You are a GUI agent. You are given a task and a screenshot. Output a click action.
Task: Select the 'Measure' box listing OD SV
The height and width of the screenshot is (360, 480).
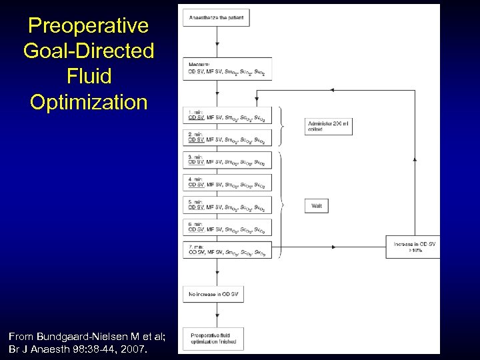(227, 70)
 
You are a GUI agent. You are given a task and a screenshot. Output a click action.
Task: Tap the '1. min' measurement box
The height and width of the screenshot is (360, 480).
(227, 115)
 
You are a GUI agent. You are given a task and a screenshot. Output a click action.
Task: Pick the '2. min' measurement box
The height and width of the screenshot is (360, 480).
(227, 137)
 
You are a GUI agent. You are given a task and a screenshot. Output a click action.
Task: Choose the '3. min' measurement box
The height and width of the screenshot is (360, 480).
(227, 160)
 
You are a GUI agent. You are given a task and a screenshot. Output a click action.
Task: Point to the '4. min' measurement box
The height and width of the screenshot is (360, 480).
(227, 183)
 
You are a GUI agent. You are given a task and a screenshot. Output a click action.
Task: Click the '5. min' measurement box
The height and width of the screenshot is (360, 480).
(227, 205)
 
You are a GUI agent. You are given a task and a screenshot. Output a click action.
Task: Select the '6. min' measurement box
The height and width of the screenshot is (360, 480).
(227, 227)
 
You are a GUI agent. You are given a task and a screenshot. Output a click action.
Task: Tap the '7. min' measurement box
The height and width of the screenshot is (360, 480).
(227, 250)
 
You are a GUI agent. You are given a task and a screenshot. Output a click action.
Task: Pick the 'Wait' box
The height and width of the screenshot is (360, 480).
(317, 206)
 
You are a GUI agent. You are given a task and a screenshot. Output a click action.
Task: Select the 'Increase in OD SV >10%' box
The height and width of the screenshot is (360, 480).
(413, 247)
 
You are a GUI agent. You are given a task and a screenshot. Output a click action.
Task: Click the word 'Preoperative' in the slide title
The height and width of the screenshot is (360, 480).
(88, 26)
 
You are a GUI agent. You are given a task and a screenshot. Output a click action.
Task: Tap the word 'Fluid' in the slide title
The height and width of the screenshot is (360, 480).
(88, 77)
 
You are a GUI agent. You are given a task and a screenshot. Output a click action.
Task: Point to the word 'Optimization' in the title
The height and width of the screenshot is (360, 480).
(88, 102)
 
